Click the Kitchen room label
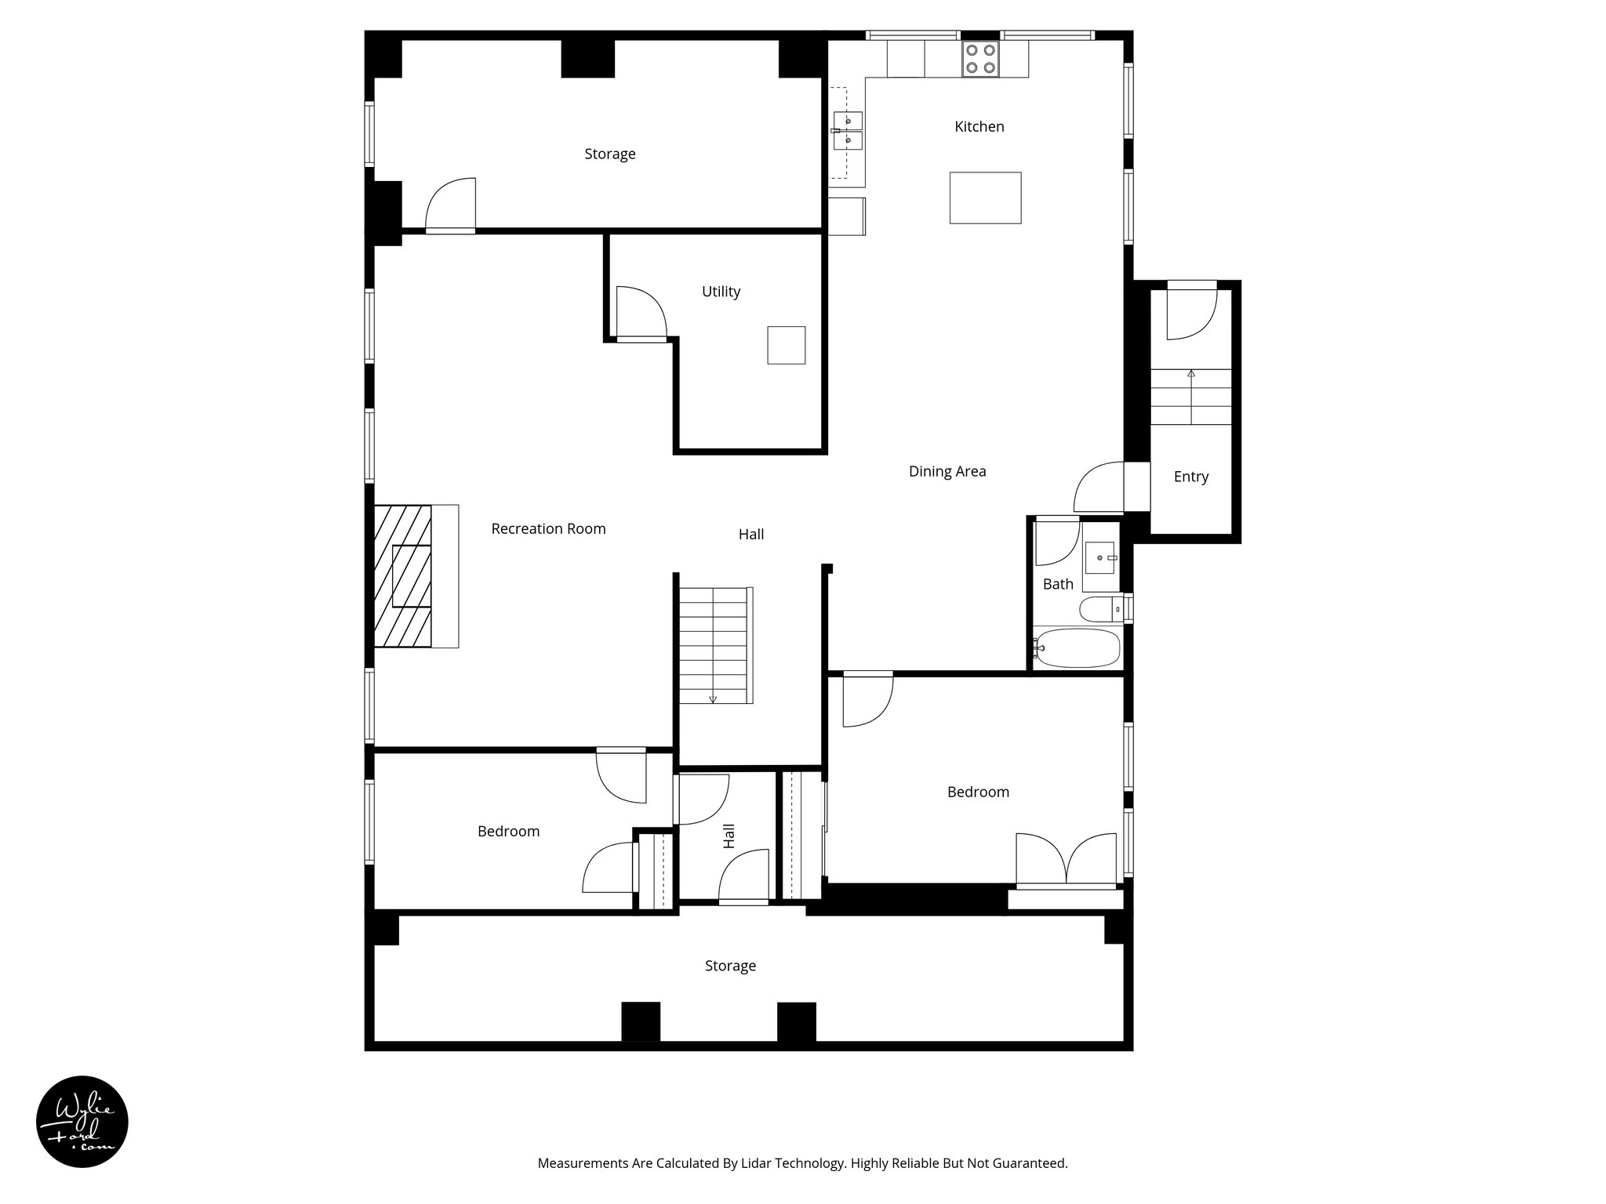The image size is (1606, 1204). pyautogui.click(x=979, y=127)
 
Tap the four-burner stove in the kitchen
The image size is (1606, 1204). pyautogui.click(x=980, y=59)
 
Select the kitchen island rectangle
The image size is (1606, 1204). pyautogui.click(x=985, y=198)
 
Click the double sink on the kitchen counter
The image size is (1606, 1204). pyautogui.click(x=848, y=131)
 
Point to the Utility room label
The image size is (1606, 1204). pyautogui.click(x=721, y=292)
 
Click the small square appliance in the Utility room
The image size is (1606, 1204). pyautogui.click(x=786, y=345)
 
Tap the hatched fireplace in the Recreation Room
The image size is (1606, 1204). pyautogui.click(x=403, y=576)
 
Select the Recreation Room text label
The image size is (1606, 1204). pyautogui.click(x=548, y=529)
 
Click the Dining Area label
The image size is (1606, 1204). pyautogui.click(x=947, y=472)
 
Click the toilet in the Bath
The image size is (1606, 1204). pyautogui.click(x=1098, y=608)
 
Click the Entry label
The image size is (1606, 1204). pyautogui.click(x=1190, y=477)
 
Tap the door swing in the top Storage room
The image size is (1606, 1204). pyautogui.click(x=452, y=205)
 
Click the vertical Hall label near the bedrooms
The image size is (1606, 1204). pyautogui.click(x=729, y=836)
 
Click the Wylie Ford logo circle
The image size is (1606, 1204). pyautogui.click(x=82, y=1122)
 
